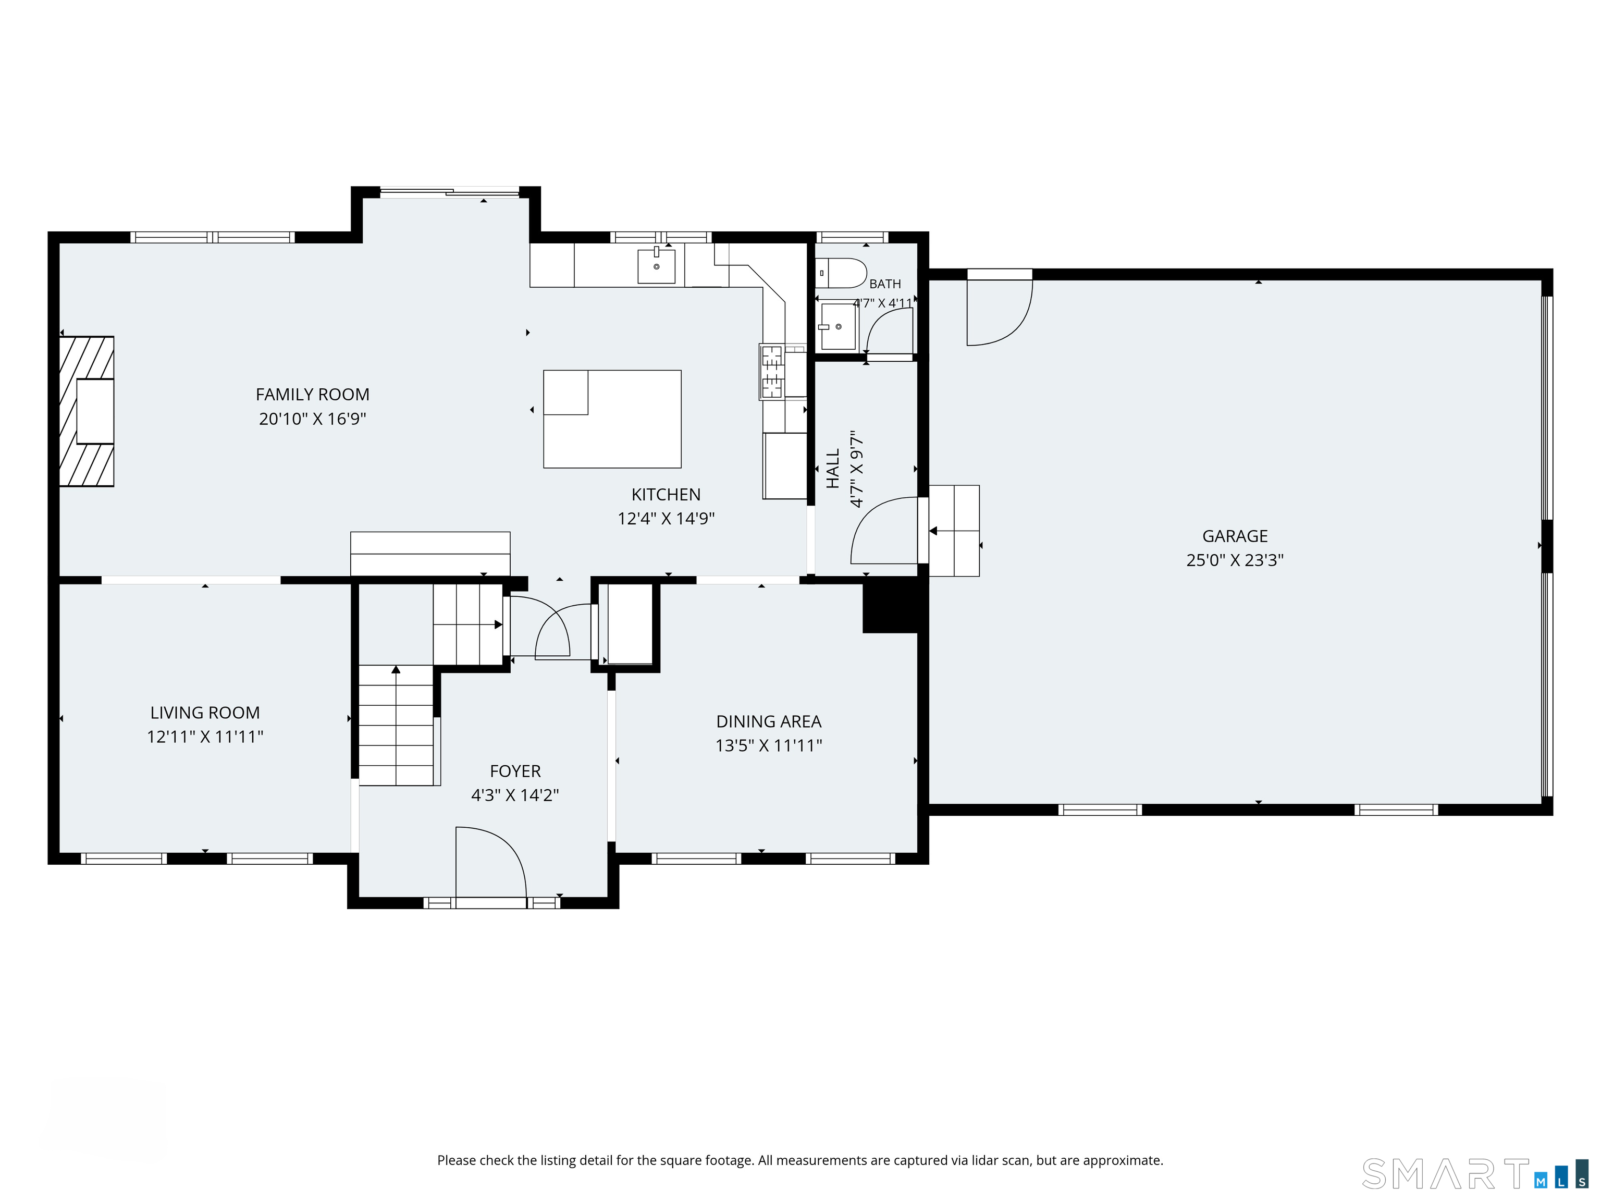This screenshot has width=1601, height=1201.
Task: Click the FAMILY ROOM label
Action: click(x=313, y=395)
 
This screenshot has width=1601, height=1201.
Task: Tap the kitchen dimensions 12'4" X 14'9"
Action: click(x=666, y=518)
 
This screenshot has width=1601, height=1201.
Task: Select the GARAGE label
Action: click(x=1235, y=536)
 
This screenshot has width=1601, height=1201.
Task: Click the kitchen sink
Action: click(x=657, y=266)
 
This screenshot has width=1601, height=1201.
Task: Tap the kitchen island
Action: click(x=612, y=419)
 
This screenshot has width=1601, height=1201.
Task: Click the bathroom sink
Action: click(x=838, y=326)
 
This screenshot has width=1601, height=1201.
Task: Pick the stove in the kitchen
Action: click(x=772, y=372)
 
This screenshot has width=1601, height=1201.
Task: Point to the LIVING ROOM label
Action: click(x=205, y=713)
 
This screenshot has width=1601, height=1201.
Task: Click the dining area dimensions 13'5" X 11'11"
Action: click(x=769, y=745)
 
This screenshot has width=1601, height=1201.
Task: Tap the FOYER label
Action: click(x=515, y=771)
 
